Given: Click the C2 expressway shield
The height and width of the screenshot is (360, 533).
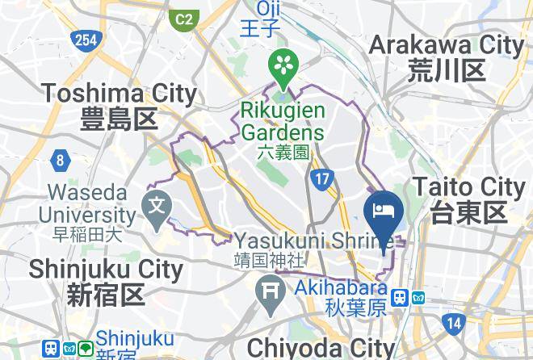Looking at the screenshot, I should point(185,17).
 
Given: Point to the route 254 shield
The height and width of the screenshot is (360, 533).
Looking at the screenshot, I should point(83,40).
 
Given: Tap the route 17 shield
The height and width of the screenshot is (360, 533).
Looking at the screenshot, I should point(321,179).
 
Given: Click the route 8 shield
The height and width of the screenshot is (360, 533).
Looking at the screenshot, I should point(61,161).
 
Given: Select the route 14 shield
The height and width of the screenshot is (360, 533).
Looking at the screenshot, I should point(455,323).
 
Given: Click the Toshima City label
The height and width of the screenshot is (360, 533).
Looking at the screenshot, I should point(120,106).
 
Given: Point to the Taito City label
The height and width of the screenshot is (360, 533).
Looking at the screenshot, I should point(468,199).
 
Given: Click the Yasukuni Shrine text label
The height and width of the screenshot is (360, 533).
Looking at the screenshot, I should point(314,241).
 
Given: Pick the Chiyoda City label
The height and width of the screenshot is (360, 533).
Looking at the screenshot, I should point(320,349).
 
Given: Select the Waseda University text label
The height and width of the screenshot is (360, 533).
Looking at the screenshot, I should point(90,205).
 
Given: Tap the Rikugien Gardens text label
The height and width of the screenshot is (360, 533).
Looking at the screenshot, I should point(283,121).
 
